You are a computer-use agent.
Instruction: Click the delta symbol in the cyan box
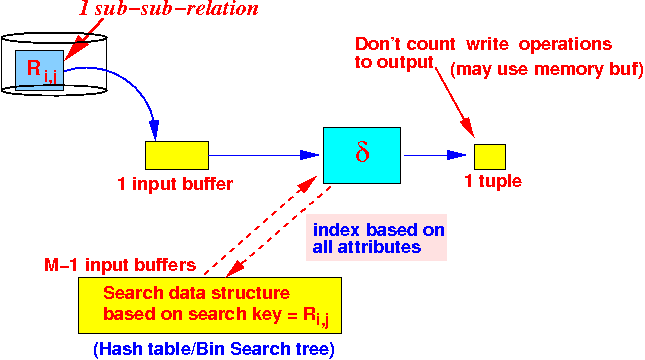click(362, 153)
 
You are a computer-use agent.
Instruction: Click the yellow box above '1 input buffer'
click(177, 156)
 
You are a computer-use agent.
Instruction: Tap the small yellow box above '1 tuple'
click(490, 157)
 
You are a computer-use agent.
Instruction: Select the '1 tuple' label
click(493, 181)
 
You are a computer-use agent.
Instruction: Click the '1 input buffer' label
click(175, 184)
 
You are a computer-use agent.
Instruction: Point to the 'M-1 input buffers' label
click(120, 265)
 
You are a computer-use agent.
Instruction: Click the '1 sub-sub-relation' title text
click(169, 9)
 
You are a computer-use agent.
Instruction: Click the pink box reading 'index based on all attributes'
click(376, 237)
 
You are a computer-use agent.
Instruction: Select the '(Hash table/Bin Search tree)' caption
click(214, 349)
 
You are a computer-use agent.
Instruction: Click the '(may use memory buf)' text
click(547, 69)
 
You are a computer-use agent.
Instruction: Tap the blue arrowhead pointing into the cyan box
click(310, 155)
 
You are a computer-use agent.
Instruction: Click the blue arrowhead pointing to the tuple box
click(457, 155)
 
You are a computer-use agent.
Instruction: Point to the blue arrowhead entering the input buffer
click(155, 130)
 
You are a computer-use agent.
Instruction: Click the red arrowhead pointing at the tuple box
click(468, 128)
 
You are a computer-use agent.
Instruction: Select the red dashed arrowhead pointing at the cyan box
click(308, 184)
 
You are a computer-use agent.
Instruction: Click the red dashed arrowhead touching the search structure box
click(234, 269)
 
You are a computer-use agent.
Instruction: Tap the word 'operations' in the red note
click(566, 45)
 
